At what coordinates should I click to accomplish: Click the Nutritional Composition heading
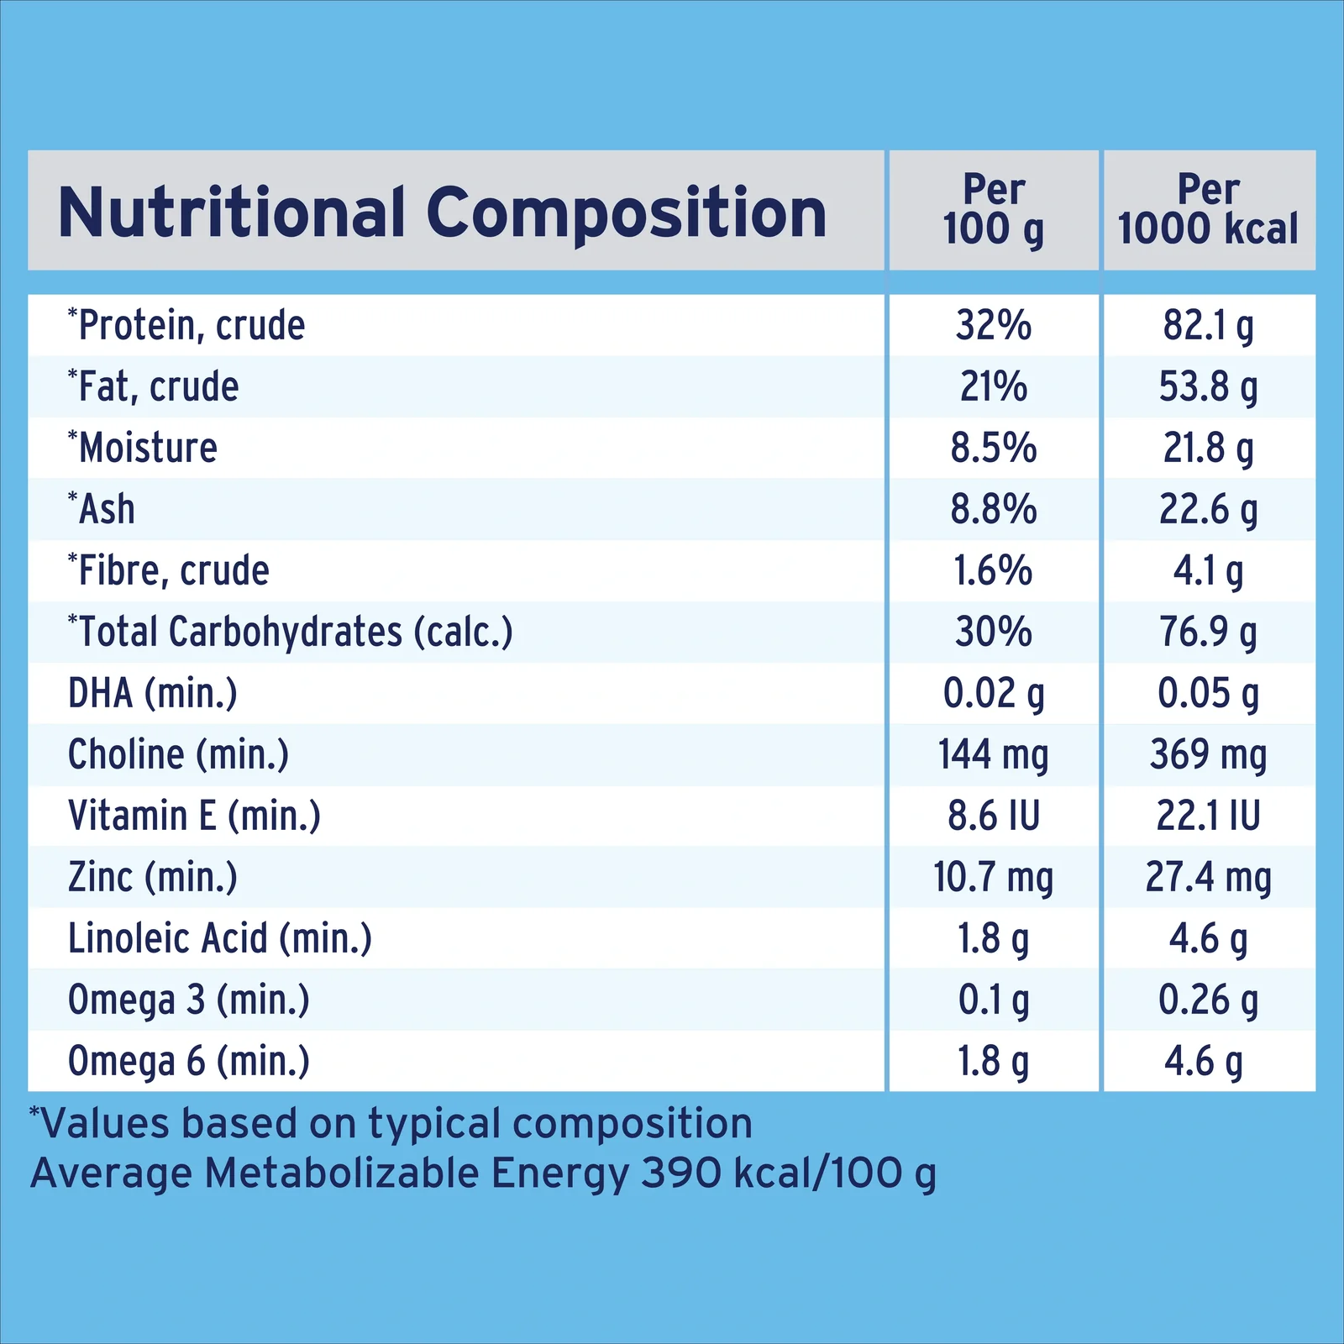click(443, 213)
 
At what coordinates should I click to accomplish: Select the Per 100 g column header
click(994, 210)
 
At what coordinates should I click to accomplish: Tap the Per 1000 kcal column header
click(1208, 210)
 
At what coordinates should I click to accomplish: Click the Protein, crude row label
click(186, 325)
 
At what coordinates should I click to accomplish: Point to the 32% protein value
click(994, 325)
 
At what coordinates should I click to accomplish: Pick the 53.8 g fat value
click(1208, 387)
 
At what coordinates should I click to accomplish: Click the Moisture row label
click(143, 447)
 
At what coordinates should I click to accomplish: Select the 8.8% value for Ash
click(994, 509)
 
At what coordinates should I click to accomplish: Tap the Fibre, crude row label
click(169, 570)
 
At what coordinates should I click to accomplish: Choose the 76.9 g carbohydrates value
click(1208, 633)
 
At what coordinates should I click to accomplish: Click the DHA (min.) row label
click(153, 694)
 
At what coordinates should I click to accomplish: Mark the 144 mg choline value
click(994, 755)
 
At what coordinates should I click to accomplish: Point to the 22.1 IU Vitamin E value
click(1208, 816)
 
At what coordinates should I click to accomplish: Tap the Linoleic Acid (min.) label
click(220, 938)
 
